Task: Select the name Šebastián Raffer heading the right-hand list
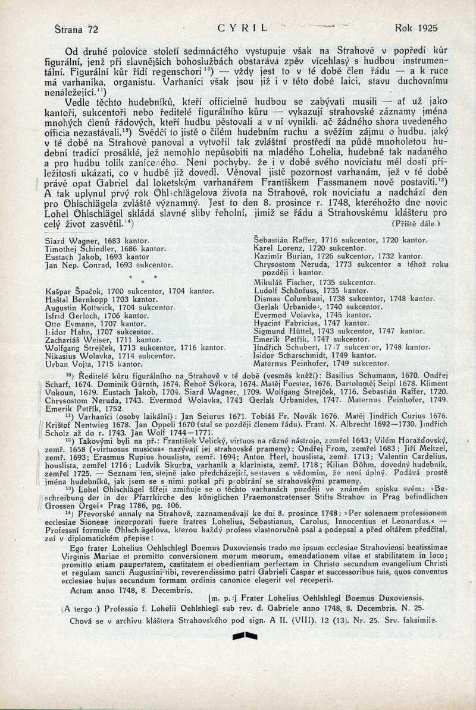281,241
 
